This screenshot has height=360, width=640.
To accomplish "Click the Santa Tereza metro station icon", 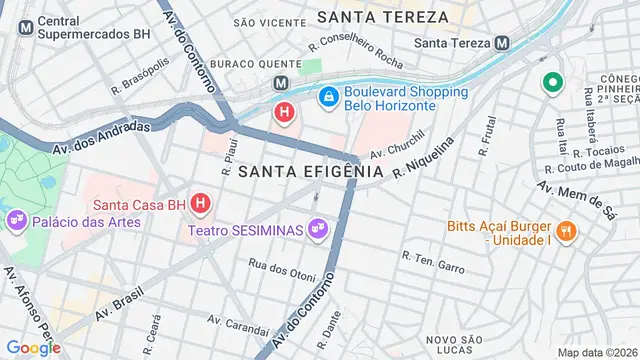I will coord(502,43).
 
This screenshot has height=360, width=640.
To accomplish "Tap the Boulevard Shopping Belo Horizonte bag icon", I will coord(327,95).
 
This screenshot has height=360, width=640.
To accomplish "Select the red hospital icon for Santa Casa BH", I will coord(200,203).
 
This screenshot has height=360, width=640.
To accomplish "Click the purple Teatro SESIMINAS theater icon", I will coord(318,230).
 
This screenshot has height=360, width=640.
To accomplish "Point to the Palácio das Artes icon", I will coord(16,220).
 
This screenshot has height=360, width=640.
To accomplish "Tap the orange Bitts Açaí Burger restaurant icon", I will coord(566,231).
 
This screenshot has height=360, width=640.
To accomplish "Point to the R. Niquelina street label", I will coord(424,158).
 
